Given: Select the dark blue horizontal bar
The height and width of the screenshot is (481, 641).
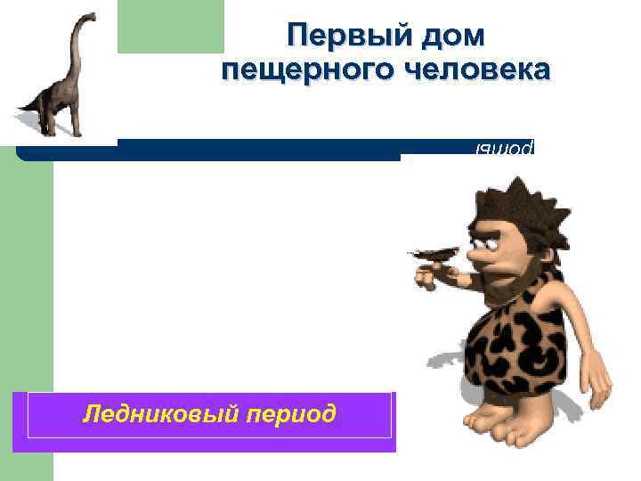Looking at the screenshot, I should click(x=258, y=150).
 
